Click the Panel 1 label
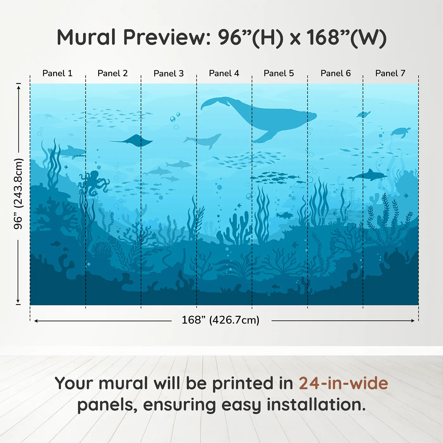[57, 73]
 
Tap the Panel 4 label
[224, 73]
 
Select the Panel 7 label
[390, 73]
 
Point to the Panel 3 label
[168, 73]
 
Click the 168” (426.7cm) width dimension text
[220, 320]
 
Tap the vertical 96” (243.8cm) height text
[18, 194]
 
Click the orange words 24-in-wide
[343, 383]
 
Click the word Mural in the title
[86, 37]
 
